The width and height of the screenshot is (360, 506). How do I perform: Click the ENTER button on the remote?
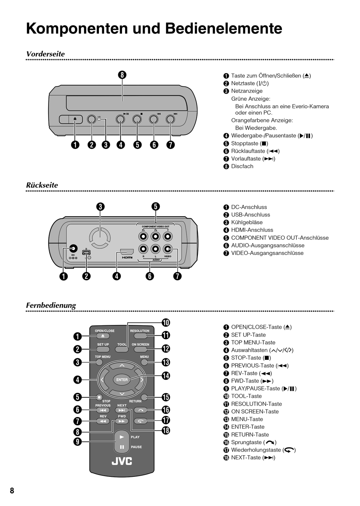(x=122, y=379)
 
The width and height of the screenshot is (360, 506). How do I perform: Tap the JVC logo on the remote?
(x=122, y=461)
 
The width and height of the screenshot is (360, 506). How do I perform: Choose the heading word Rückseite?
(x=42, y=185)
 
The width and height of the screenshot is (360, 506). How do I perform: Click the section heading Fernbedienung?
(x=51, y=305)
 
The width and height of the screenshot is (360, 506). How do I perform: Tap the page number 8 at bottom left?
(x=12, y=491)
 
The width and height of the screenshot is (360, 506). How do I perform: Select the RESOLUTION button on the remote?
(x=139, y=336)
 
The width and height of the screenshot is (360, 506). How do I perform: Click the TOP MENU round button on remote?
(x=99, y=362)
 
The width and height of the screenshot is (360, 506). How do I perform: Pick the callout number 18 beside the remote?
(x=166, y=430)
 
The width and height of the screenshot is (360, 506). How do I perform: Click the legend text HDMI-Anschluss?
(x=252, y=230)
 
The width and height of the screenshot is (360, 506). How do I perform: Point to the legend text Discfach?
(x=242, y=166)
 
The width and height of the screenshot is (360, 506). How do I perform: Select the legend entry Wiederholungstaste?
(x=256, y=450)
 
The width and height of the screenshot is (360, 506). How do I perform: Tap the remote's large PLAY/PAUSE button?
(x=122, y=442)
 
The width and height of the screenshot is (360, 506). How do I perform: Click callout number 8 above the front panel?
(x=122, y=75)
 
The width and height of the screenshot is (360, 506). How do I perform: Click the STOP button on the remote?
(x=99, y=397)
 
